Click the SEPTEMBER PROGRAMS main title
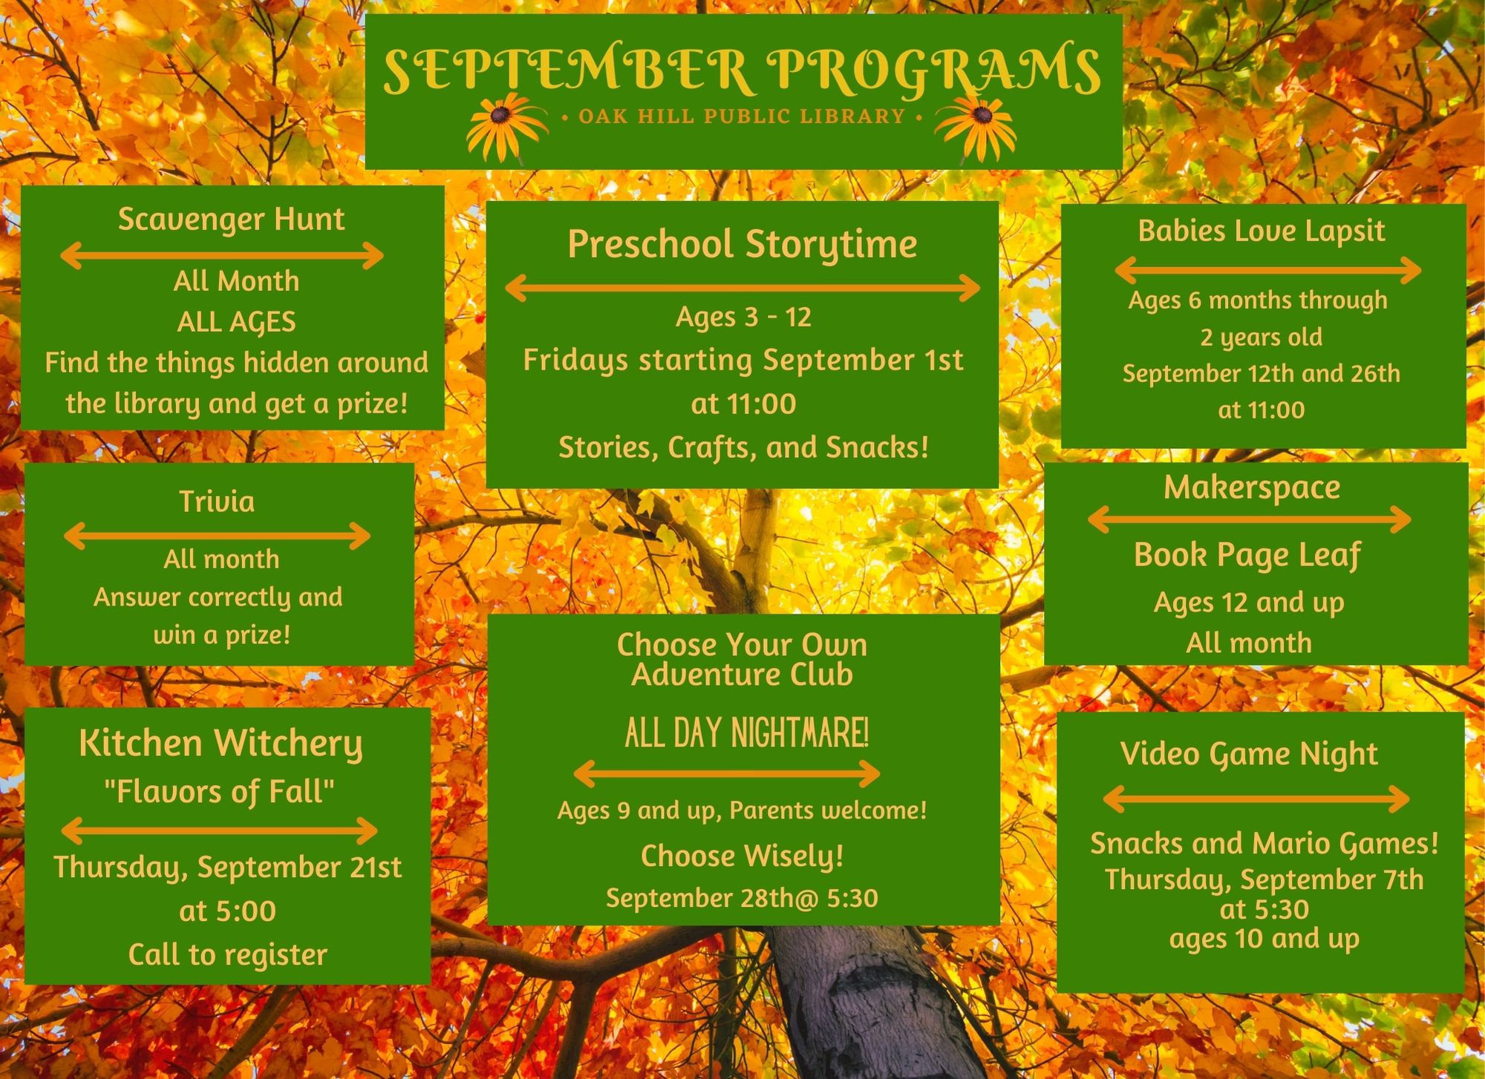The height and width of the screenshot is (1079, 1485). [x=742, y=70]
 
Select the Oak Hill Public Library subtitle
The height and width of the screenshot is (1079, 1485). [x=742, y=117]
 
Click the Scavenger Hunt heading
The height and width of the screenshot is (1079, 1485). [x=232, y=220]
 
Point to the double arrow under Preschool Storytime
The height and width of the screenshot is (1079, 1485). [x=742, y=288]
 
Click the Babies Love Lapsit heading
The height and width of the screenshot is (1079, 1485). [x=1262, y=231]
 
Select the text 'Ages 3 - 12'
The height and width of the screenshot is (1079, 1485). [x=743, y=318]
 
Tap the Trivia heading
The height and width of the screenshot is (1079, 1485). [x=217, y=502]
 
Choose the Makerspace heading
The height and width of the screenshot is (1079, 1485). [x=1252, y=488]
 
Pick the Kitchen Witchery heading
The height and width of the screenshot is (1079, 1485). [x=221, y=744]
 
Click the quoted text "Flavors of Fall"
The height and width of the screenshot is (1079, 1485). [x=219, y=792]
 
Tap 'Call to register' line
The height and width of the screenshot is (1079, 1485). [x=227, y=955]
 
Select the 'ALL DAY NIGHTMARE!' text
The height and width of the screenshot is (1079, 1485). [x=746, y=733]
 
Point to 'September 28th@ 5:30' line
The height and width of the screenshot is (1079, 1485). [x=742, y=899]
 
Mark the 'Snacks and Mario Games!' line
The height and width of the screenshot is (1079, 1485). [x=1264, y=844]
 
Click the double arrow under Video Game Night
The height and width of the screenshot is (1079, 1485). [x=1256, y=799]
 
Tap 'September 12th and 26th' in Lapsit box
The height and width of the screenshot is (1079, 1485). [x=1262, y=373]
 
